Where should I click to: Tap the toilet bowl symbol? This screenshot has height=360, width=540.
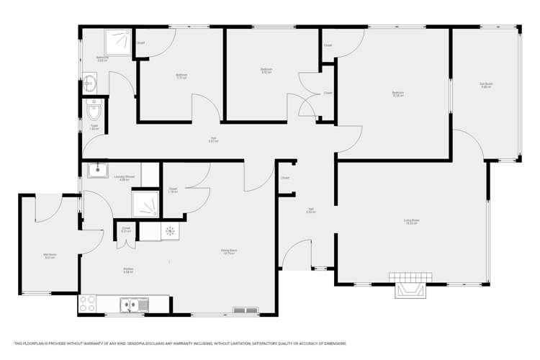point(94,112)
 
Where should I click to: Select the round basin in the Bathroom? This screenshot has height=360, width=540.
point(89,83)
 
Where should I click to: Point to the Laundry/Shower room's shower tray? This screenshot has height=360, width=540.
point(145,204)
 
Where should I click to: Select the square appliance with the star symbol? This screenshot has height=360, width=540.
point(171,231)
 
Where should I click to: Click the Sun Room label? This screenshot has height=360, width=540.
point(485,85)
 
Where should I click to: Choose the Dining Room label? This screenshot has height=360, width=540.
point(230,251)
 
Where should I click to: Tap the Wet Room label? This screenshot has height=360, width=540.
point(50,255)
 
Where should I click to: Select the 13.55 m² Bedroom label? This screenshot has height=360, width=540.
point(397,93)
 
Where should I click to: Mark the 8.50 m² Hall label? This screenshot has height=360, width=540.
point(311,210)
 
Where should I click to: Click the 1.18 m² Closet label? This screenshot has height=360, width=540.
point(173,191)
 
